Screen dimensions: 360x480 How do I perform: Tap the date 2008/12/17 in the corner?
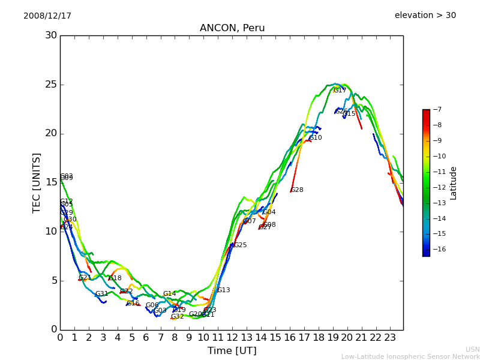(47, 16)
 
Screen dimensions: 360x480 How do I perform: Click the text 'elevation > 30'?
(425, 16)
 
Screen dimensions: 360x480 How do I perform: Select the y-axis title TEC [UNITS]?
(37, 182)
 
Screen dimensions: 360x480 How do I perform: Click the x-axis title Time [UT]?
(232, 350)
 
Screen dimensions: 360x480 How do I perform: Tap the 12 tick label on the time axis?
(232, 337)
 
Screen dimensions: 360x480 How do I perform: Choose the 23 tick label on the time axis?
(390, 337)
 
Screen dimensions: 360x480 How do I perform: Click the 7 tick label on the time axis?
(160, 337)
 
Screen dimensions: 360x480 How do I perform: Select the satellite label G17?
(340, 91)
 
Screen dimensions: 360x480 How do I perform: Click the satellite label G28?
(297, 190)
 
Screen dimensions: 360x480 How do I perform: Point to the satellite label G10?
(316, 138)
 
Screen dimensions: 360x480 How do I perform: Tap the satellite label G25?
(241, 245)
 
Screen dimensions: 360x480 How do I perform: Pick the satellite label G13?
(224, 290)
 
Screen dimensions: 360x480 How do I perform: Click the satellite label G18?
(115, 278)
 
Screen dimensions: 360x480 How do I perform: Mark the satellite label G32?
(178, 317)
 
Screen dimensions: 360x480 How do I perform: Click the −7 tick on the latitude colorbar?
(436, 110)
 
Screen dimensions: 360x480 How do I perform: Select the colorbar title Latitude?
(454, 182)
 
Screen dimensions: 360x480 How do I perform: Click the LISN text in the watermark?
(473, 349)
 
